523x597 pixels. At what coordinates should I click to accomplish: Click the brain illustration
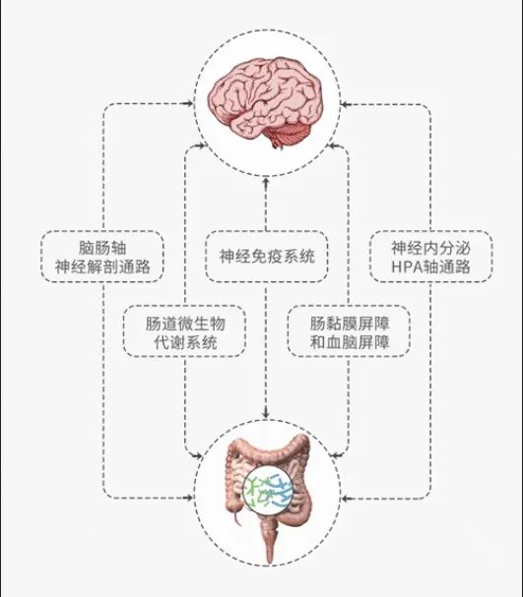pos(265,101)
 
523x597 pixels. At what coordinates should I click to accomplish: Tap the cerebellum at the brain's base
pos(287,134)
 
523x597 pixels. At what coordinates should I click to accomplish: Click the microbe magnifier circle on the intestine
pos(268,489)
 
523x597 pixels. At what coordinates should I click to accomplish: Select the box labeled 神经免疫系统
pos(267,257)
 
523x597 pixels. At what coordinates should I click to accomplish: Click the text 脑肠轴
pos(102,248)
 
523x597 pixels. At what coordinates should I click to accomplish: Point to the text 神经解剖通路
pos(102,267)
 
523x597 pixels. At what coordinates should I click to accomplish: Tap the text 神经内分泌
pos(430,248)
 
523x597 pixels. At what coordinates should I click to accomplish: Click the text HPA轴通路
pos(430,267)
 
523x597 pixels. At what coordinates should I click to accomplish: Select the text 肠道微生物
pos(185,324)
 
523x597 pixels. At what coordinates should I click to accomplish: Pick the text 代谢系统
pos(185,342)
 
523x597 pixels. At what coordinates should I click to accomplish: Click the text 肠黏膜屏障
pos(350,324)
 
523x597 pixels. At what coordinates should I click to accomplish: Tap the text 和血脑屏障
pos(350,342)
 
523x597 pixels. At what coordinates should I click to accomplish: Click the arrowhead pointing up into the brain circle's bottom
pos(266,181)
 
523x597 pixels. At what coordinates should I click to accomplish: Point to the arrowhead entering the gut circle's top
pos(266,414)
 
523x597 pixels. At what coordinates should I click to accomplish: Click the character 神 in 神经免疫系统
pos(227,257)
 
